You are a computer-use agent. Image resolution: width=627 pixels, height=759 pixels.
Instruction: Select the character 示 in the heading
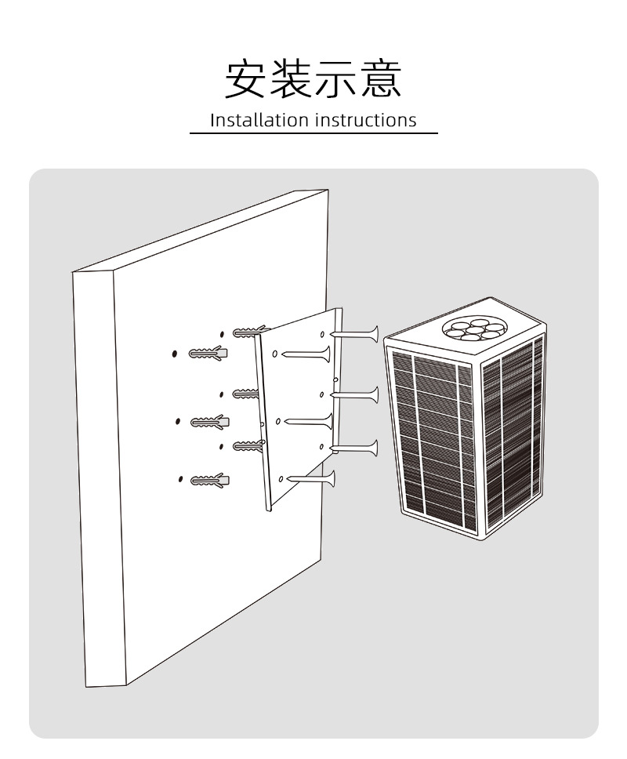coord(336,79)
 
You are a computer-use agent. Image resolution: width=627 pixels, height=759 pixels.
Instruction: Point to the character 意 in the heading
coord(381,79)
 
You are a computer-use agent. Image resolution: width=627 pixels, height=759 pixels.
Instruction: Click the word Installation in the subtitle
coord(259,120)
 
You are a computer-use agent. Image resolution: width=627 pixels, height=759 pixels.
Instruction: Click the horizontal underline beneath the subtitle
coord(313,134)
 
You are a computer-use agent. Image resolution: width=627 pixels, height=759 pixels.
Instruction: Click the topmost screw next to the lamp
coord(357,334)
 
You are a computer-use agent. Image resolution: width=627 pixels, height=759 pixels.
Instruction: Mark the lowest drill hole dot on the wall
coord(180,478)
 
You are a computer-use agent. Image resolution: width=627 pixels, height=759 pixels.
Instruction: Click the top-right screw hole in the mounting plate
coord(322,335)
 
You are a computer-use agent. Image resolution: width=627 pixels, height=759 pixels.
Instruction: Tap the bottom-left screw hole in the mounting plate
coord(281,479)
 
